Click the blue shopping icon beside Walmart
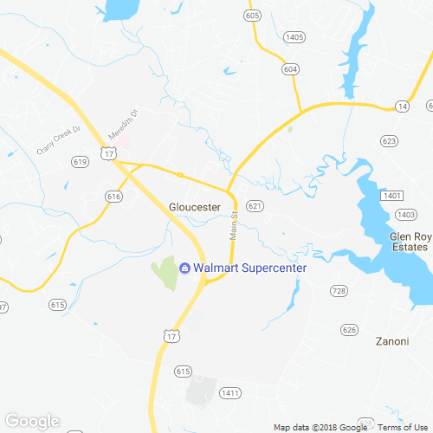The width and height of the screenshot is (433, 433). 184,268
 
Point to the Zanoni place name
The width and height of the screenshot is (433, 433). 391,341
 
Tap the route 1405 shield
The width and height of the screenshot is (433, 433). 294,37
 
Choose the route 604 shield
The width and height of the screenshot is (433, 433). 290,68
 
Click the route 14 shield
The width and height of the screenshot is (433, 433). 402,106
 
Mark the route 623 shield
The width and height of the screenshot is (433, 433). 389,140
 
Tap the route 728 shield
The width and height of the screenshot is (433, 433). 339,290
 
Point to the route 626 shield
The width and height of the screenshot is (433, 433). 349,329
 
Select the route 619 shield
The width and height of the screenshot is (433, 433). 81,162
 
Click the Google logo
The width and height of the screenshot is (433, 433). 32,422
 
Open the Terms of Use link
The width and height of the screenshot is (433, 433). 405,428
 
